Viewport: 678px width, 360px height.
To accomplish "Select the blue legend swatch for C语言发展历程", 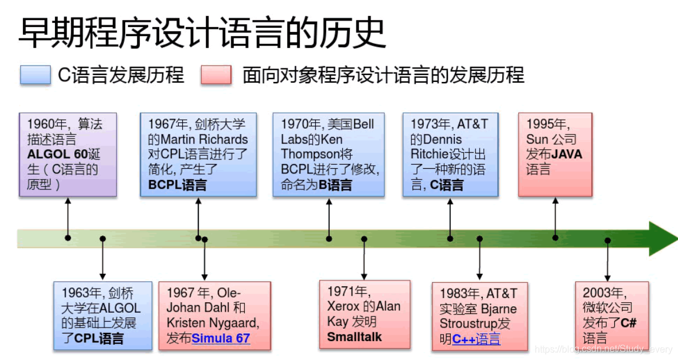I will [35, 75].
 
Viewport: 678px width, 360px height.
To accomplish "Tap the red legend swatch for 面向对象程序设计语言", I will [216, 75].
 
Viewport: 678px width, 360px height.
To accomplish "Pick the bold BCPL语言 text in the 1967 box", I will [178, 185].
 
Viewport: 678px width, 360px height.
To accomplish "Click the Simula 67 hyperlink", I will [221, 338].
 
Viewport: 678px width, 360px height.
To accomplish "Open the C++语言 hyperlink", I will [476, 339].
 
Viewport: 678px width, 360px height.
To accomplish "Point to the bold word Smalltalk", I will [355, 337].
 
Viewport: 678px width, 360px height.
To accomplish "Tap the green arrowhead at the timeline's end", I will [662, 238].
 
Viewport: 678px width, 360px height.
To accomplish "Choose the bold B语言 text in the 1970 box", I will [335, 185].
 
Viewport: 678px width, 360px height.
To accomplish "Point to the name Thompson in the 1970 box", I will [312, 155].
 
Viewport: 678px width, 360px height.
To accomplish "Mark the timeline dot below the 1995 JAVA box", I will [555, 238].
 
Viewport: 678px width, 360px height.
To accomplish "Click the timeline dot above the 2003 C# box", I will [607, 240].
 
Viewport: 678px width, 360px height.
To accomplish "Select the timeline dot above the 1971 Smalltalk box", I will [364, 239].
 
